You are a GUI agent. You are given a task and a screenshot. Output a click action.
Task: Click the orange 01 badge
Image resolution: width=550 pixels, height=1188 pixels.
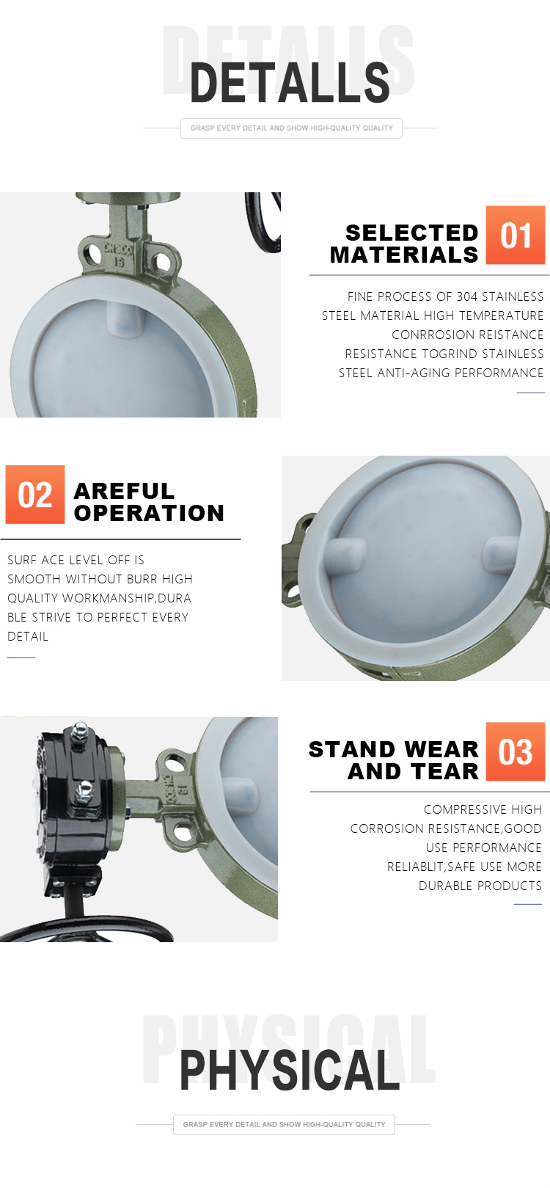tap(515, 235)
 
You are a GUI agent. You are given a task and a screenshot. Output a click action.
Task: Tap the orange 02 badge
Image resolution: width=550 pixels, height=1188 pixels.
tap(35, 495)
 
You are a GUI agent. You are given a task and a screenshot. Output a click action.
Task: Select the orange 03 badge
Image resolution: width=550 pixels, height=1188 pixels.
tap(515, 751)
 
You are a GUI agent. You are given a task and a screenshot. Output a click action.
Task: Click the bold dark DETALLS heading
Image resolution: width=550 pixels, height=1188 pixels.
tap(290, 83)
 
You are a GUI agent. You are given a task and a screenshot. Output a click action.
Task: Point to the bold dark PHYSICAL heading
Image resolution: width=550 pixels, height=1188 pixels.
tap(290, 1071)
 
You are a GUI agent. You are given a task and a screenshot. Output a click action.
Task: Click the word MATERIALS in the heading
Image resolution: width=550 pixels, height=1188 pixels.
tap(404, 255)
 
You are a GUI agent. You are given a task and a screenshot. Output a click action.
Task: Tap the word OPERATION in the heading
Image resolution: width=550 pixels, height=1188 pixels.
tap(149, 513)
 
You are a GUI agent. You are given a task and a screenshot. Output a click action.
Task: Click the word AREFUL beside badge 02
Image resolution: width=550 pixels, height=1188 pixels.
tap(124, 491)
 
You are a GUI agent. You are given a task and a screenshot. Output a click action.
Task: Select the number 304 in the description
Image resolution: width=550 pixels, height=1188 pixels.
tap(467, 296)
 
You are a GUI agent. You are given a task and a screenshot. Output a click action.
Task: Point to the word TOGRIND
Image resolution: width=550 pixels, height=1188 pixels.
tap(450, 354)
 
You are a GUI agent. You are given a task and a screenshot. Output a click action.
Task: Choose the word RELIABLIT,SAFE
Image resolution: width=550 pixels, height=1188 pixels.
tap(430, 867)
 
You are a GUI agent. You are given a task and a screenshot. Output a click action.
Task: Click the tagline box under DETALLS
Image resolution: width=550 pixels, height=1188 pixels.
tap(291, 128)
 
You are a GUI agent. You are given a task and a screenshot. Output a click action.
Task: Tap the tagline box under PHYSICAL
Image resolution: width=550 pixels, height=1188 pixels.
tap(284, 1124)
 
